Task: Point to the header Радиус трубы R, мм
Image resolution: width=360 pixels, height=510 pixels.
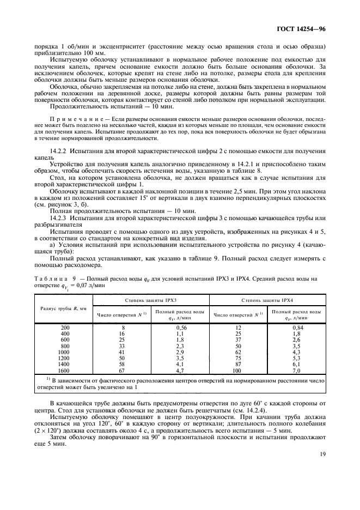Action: pos(63,308)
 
